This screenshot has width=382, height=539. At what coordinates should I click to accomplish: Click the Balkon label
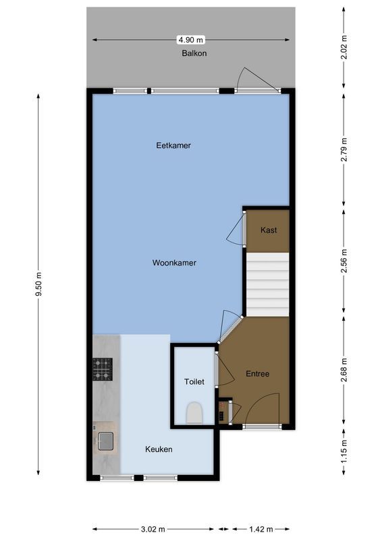tap(194, 53)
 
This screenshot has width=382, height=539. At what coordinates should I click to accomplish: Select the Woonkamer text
tap(174, 263)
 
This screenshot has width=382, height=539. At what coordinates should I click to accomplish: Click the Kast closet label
tap(269, 230)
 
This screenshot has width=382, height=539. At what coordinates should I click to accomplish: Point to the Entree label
tap(257, 374)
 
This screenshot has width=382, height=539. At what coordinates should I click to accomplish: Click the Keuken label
tap(159, 449)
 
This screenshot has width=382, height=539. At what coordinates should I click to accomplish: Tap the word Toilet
tap(194, 381)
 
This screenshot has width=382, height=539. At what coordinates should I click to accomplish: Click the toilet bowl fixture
tap(194, 412)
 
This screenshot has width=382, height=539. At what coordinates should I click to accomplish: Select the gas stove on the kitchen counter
tap(103, 369)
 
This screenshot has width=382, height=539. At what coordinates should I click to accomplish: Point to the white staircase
tap(267, 283)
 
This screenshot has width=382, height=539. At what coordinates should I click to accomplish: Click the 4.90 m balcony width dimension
tap(191, 39)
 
